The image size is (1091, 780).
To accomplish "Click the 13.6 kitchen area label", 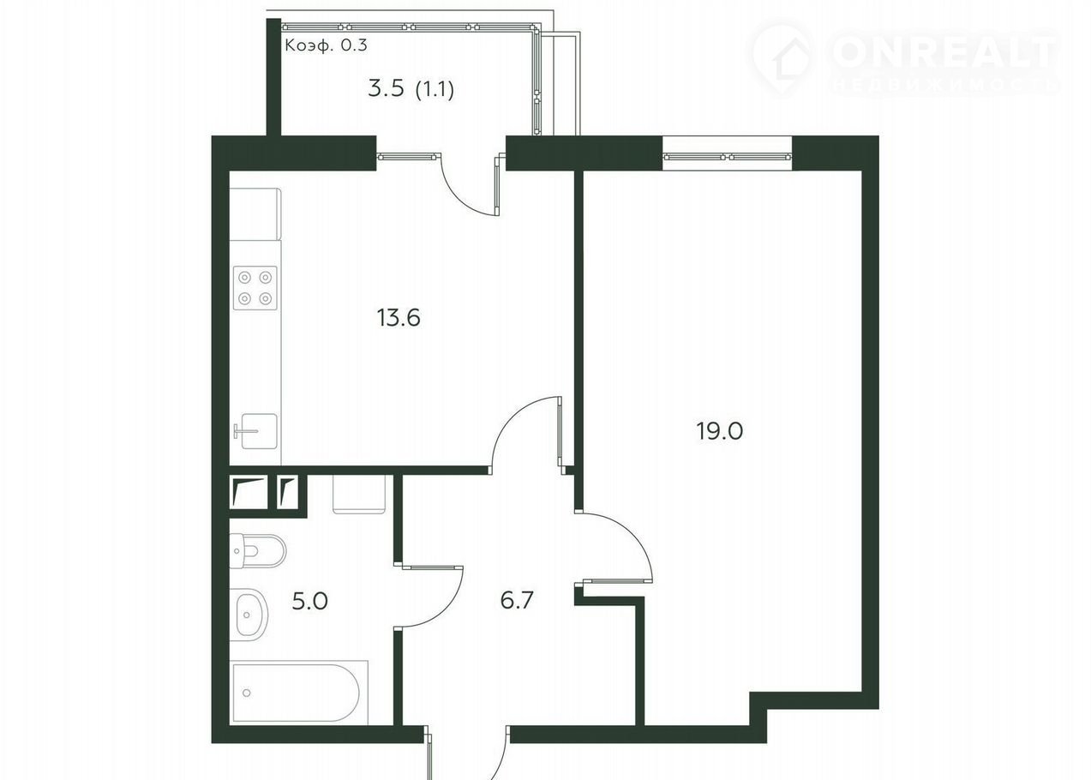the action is [x=399, y=318].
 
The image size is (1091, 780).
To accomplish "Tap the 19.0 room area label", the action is [x=719, y=431].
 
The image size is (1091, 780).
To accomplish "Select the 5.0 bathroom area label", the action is [x=309, y=601].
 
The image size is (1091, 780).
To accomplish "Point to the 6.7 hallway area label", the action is [x=518, y=600].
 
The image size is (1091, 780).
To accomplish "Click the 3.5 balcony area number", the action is [x=387, y=89].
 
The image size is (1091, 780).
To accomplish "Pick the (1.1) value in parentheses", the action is [x=435, y=90].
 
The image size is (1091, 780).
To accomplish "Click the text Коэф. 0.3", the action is [x=326, y=45].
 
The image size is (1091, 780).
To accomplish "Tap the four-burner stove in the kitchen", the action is [x=255, y=288].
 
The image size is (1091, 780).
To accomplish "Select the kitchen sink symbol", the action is [x=256, y=431].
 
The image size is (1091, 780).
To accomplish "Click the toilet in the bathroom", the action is [x=257, y=550].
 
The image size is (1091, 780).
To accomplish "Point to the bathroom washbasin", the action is [x=252, y=615].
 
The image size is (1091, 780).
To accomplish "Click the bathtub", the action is [x=298, y=693].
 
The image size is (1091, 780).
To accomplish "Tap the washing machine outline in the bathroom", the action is [x=359, y=494].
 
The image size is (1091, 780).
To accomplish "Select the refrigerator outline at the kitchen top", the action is [x=255, y=214].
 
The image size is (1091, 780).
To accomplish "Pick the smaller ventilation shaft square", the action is [x=287, y=492].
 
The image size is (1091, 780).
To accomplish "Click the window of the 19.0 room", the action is [x=728, y=157].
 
